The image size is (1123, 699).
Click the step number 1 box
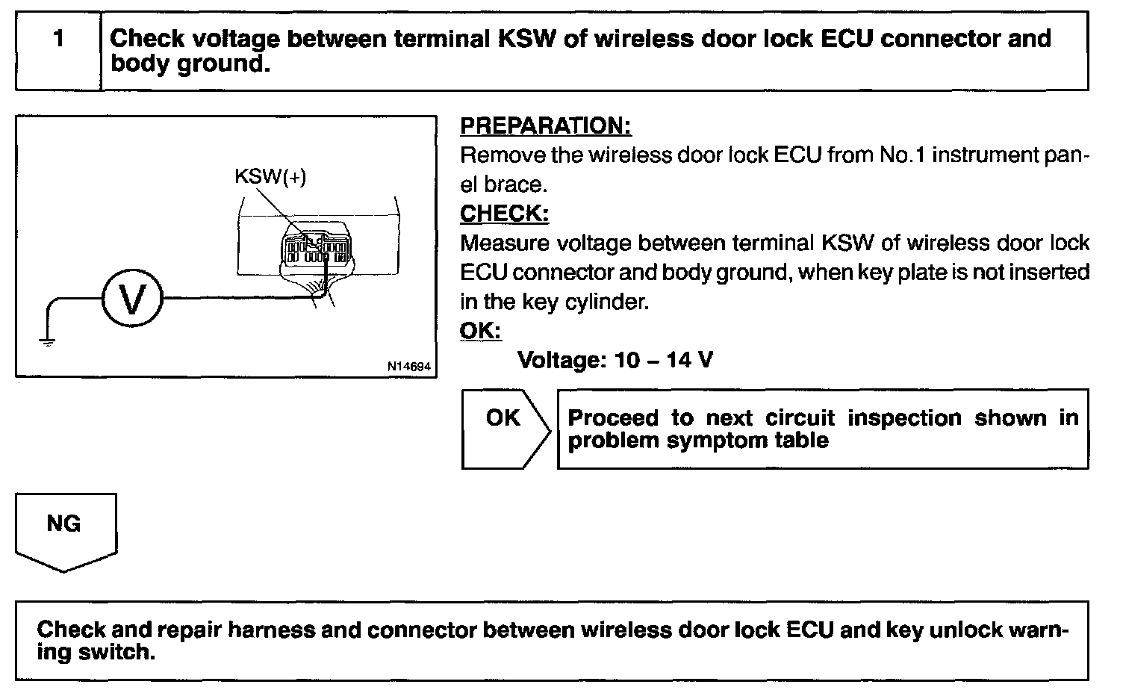pos(58,51)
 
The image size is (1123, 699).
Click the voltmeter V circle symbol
pos(131,299)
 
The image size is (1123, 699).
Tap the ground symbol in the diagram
pos(47,343)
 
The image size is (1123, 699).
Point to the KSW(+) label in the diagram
pos(270,177)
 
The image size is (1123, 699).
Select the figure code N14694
pos(408,367)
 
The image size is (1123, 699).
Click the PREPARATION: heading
pos(545,126)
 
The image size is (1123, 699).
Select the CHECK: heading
pos(504,214)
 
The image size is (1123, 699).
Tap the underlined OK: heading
pos(480,331)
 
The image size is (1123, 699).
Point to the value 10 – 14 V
pos(663,361)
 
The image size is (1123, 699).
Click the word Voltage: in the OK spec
pos(561,361)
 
